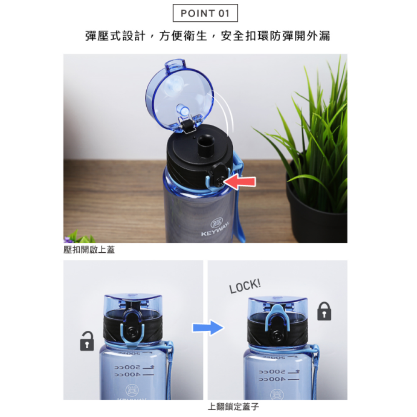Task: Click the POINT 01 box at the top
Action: [205, 13]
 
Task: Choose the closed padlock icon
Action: [324, 311]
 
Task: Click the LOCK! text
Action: [245, 286]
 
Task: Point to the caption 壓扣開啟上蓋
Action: [89, 250]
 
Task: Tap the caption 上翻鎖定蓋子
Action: [234, 407]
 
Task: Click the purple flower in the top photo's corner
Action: [67, 240]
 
